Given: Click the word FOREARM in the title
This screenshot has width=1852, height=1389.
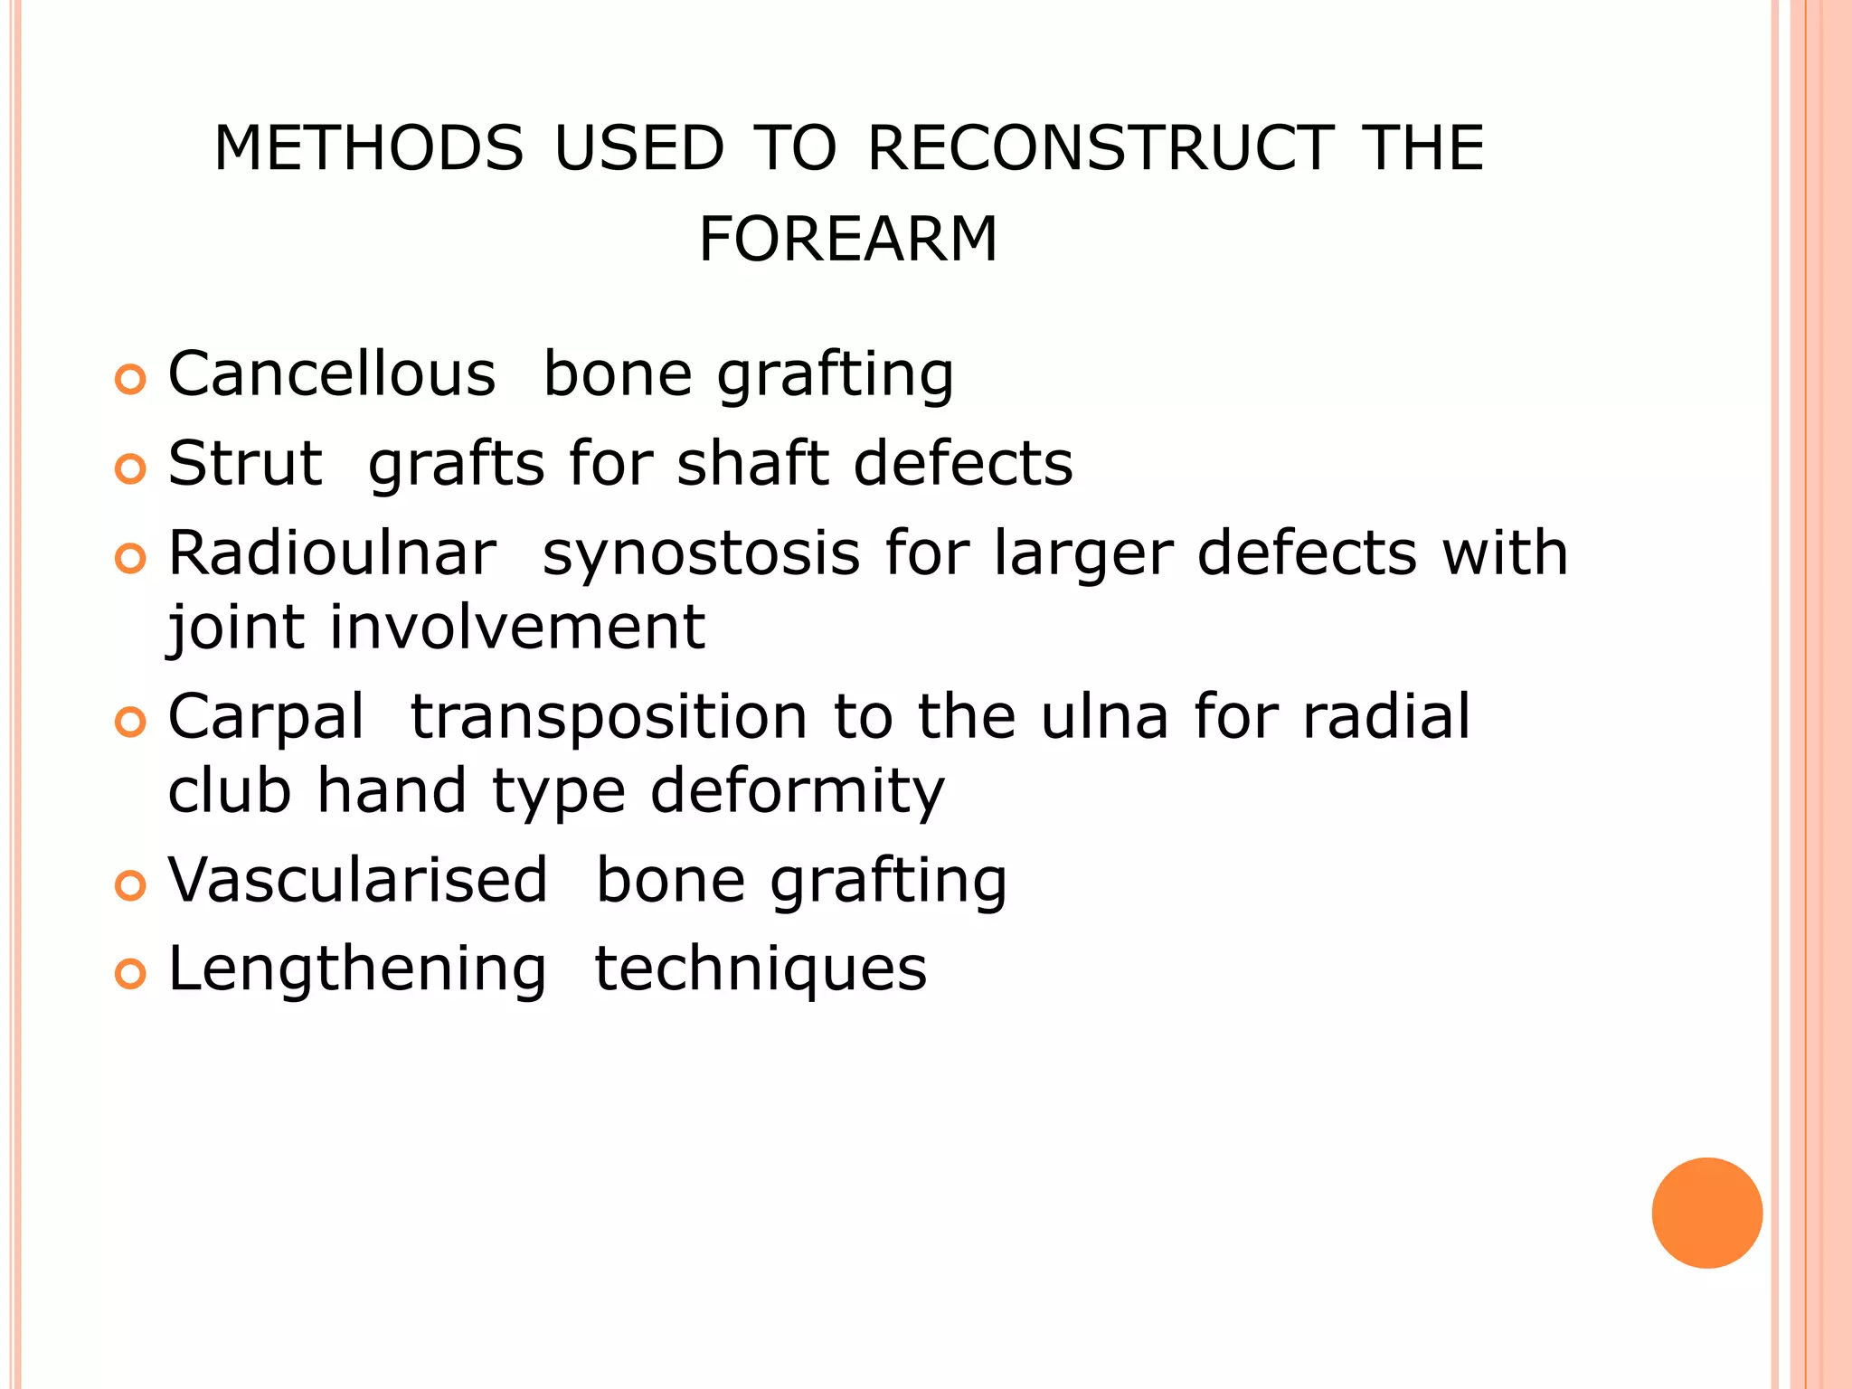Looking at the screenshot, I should pos(847,240).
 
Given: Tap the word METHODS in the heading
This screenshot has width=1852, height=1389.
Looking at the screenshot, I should pos(368,148).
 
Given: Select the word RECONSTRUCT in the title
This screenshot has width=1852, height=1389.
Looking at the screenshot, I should pos(1100,148).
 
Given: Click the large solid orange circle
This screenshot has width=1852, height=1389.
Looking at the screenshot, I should pos(1706,1213).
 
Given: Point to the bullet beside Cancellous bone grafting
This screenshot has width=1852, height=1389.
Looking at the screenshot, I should pos(131,380).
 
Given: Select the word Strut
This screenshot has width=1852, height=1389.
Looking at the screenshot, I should pos(245,463).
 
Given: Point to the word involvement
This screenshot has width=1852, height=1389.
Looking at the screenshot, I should pos(516,627).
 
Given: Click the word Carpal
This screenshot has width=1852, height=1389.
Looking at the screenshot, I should pos(266,716).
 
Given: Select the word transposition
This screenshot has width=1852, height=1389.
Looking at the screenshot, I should pos(609,716).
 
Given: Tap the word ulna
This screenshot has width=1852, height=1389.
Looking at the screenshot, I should pos(1104,716).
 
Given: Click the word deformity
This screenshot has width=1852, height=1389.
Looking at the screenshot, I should pos(797,791).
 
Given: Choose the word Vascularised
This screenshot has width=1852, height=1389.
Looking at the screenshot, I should pos(358,880).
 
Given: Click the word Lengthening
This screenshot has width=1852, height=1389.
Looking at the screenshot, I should pos(357,969).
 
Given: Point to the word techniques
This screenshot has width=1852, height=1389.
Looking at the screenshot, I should pos(761,969).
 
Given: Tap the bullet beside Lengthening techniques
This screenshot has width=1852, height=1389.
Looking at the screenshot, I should pos(131,975).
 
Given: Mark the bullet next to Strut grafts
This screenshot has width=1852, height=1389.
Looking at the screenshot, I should pos(131,469).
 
